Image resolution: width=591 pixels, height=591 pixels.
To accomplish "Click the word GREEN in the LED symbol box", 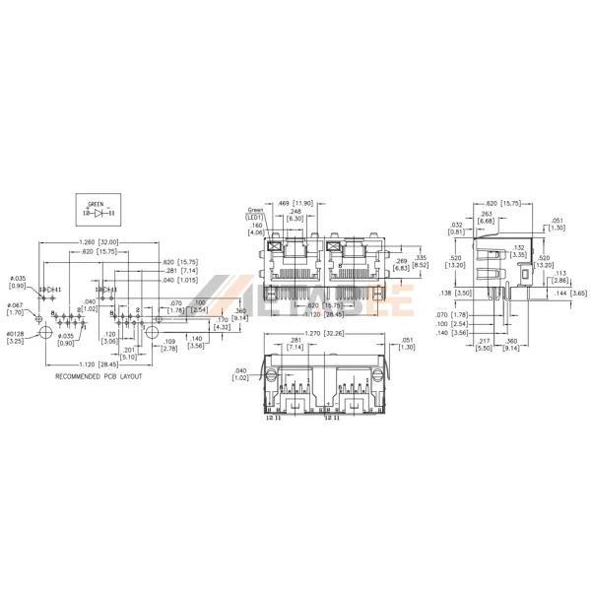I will pos(95,204).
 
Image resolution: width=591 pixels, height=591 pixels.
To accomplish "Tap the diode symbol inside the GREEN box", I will pos(96,212).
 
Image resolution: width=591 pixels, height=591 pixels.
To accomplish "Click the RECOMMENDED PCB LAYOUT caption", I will pos(98,376).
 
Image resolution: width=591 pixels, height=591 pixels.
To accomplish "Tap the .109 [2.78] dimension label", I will pos(168,345).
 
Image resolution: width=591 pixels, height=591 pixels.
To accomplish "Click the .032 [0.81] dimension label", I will pos(455,229).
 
